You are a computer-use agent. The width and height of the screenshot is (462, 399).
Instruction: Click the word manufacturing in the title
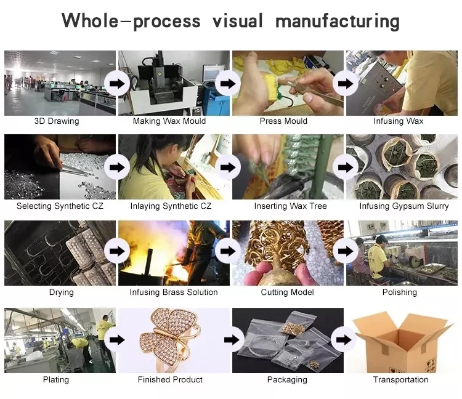pyautogui.click(x=337, y=22)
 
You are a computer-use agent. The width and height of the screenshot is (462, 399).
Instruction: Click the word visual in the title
pyautogui.click(x=238, y=22)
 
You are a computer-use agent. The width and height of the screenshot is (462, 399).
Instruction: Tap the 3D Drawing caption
pyautogui.click(x=57, y=121)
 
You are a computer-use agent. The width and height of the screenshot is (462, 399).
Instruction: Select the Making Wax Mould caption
pyautogui.click(x=169, y=121)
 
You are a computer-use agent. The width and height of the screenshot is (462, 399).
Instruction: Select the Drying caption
pyautogui.click(x=61, y=292)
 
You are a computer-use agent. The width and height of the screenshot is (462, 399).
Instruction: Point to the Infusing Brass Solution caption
pyautogui.click(x=174, y=292)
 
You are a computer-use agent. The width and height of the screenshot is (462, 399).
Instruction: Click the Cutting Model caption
pyautogui.click(x=287, y=292)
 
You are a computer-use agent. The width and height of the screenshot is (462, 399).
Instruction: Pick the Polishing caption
pyautogui.click(x=400, y=292)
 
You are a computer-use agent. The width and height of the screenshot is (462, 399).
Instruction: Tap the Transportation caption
pyautogui.click(x=400, y=380)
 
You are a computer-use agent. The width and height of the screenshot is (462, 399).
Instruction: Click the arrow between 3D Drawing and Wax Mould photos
pyautogui.click(x=116, y=83)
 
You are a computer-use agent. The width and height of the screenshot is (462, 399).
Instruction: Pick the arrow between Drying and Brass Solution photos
pyautogui.click(x=116, y=251)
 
